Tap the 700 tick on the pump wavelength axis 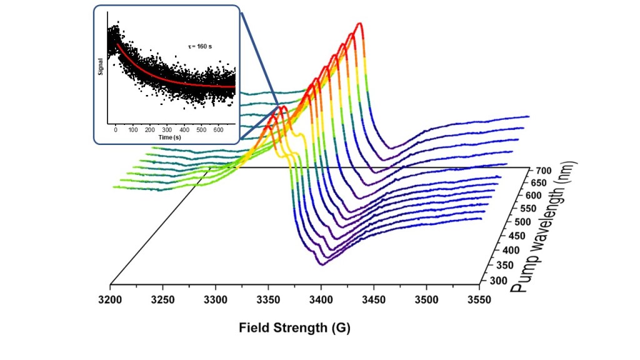(542, 171)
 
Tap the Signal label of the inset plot (101, 70)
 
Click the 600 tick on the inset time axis (217, 129)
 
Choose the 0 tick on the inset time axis (116, 129)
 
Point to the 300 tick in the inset (167, 129)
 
